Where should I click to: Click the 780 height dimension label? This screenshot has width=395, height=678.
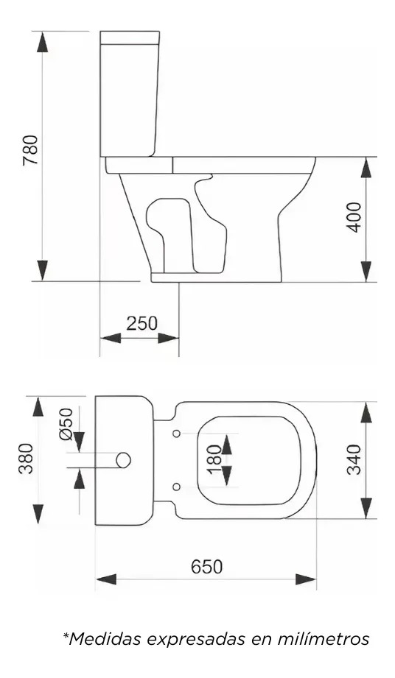point(31,149)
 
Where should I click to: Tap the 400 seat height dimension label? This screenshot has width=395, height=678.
point(354,217)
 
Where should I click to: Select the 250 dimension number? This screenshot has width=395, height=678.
point(142,323)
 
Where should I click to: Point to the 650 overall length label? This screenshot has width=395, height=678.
point(206,566)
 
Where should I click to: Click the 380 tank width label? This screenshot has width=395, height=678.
point(27,459)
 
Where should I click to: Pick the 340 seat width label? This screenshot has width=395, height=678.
point(354,459)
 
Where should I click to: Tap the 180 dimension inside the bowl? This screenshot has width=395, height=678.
point(215,459)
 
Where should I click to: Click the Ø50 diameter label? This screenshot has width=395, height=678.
point(66,424)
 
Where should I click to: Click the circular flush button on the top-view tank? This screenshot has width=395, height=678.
point(124,460)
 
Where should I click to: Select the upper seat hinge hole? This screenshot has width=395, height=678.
point(177,434)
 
